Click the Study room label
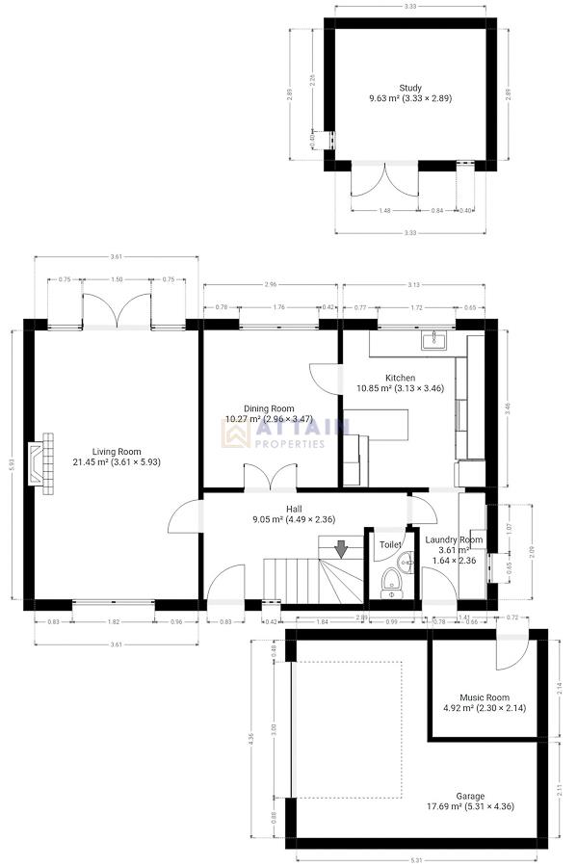coord(410,88)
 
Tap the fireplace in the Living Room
coord(41,465)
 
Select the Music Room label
coord(485,697)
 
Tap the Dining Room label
coord(269,408)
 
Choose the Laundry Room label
coord(456,540)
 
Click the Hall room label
coord(295,509)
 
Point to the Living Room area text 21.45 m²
coord(94,462)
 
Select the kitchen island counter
coord(377,423)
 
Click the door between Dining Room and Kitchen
coord(325,378)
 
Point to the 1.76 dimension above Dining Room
coord(279,307)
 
